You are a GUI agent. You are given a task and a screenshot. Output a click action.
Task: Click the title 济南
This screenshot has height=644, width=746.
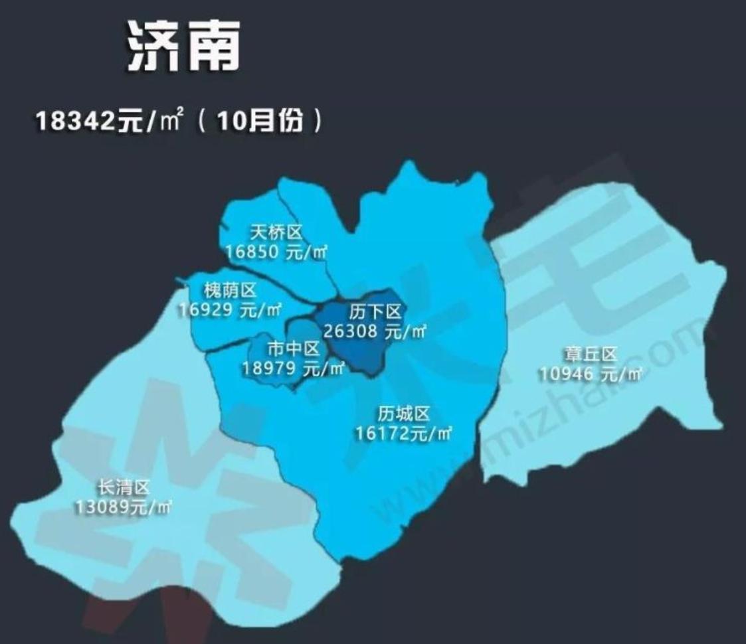[x=183, y=47]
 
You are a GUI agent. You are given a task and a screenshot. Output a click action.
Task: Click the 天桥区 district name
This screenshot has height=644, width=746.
[x=276, y=233]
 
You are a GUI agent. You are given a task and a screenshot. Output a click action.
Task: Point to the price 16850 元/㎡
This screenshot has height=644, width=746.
[x=276, y=252]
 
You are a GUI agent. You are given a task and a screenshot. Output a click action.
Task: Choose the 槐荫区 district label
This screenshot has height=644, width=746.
[x=230, y=291]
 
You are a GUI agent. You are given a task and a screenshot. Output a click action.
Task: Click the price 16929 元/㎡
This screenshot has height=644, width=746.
[x=230, y=309]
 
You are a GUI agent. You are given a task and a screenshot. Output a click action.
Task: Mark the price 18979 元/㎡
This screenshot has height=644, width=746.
[x=294, y=368]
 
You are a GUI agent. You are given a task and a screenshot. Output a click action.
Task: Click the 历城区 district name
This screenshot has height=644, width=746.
[x=404, y=415]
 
